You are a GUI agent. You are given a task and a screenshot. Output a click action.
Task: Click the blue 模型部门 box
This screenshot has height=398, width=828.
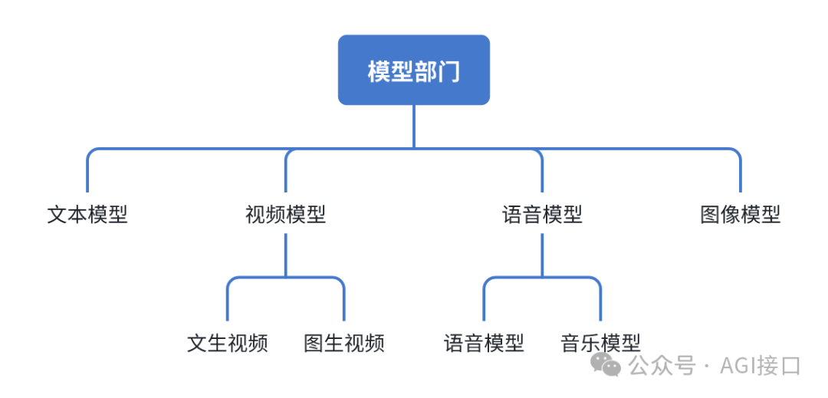(x=413, y=70)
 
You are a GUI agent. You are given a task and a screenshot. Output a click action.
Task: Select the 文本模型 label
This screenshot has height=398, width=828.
(x=87, y=215)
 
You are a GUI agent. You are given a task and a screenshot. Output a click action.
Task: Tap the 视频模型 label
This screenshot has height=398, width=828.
(x=285, y=215)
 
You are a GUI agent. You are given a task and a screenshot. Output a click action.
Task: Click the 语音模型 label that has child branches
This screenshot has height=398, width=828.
(x=542, y=215)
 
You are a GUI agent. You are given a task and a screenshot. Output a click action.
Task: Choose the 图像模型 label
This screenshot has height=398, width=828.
(x=740, y=215)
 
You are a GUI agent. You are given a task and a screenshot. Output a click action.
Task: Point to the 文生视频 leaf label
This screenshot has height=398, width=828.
(x=228, y=343)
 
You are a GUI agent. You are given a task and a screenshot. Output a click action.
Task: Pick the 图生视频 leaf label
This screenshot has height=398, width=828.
(x=343, y=343)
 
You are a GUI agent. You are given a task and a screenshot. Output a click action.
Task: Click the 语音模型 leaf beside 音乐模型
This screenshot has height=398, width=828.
(x=484, y=343)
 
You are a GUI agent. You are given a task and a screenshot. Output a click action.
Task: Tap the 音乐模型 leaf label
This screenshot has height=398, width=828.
(x=600, y=343)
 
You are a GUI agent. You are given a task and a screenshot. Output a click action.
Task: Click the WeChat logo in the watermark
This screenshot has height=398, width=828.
(x=610, y=366)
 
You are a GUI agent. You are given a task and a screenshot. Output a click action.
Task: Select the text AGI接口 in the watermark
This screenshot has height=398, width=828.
(x=760, y=366)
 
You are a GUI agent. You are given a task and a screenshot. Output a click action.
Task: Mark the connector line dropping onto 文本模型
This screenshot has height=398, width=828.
(x=87, y=175)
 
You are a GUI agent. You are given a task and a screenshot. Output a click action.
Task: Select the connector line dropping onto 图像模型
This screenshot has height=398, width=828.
(x=741, y=175)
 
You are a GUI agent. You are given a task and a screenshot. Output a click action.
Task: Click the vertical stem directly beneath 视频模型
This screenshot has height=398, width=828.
(x=285, y=253)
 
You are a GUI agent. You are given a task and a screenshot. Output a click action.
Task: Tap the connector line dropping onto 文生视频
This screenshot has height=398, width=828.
(x=228, y=303)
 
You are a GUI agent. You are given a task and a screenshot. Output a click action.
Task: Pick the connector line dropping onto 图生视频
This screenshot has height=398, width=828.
(x=343, y=303)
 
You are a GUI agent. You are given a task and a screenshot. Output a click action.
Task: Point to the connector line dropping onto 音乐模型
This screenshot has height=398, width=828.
(x=600, y=303)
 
